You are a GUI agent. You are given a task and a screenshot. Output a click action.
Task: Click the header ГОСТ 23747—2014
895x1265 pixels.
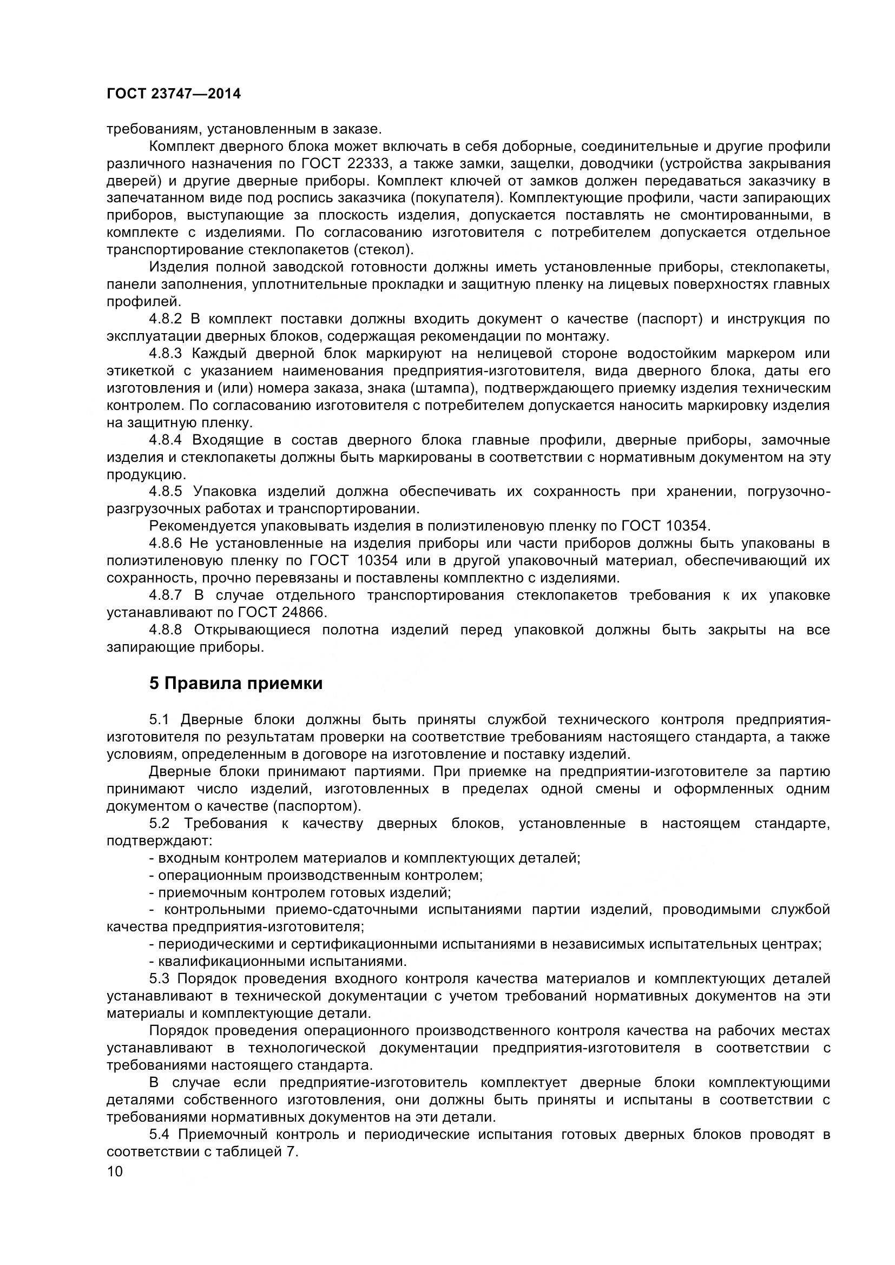tap(174, 94)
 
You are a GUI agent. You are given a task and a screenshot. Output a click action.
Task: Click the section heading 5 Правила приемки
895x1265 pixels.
tap(236, 684)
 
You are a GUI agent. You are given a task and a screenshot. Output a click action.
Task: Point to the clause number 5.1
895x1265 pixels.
tap(160, 719)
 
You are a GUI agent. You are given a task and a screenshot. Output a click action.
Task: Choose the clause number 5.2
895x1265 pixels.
tap(160, 823)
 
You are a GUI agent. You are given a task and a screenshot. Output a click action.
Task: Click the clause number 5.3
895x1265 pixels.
tap(160, 979)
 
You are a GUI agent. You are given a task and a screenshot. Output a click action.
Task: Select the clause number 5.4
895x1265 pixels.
tap(160, 1135)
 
